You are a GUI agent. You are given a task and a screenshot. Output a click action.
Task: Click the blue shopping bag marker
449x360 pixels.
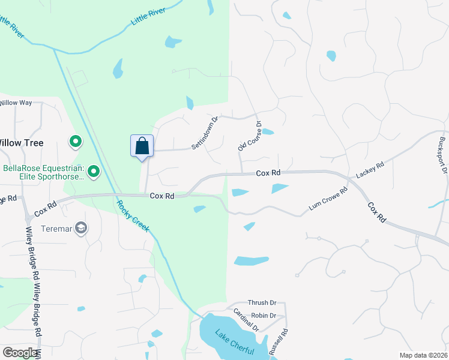142,146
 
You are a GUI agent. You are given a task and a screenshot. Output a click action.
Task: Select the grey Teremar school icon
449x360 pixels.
81,228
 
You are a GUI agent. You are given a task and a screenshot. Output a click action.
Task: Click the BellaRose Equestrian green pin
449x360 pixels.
94,172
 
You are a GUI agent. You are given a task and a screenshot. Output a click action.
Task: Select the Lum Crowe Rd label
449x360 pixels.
328,200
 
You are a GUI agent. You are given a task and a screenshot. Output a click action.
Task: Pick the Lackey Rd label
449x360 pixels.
370,170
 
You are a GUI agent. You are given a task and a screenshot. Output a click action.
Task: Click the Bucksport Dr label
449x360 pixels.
444,155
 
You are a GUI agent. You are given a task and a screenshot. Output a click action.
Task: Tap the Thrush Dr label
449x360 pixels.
262,304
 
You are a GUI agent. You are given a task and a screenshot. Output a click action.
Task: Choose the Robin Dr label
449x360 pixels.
264,316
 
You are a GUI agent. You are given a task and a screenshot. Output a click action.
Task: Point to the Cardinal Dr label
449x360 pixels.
246,320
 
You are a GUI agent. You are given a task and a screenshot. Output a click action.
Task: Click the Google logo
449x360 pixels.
20,353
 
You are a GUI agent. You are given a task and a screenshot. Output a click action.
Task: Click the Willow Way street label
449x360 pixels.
16,103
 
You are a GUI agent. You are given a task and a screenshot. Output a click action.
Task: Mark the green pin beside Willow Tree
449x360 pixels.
76,142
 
